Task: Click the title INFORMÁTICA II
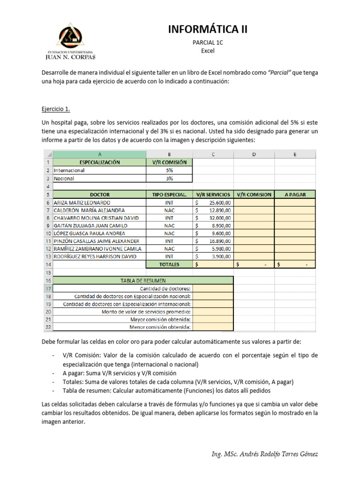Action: tap(207, 30)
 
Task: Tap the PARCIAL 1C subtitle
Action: tap(207, 43)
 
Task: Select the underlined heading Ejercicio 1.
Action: tap(56, 109)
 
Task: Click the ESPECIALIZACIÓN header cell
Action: tap(99, 162)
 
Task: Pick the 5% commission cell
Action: tap(169, 171)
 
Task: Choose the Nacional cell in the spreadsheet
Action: tap(65, 179)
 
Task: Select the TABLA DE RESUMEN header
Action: tap(143, 280)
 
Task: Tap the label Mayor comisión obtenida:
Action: tap(160, 319)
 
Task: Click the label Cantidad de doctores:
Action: tap(165, 288)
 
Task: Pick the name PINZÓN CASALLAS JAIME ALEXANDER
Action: tap(96, 241)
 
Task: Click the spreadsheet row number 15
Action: tap(48, 272)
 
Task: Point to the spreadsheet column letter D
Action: tap(254, 154)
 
